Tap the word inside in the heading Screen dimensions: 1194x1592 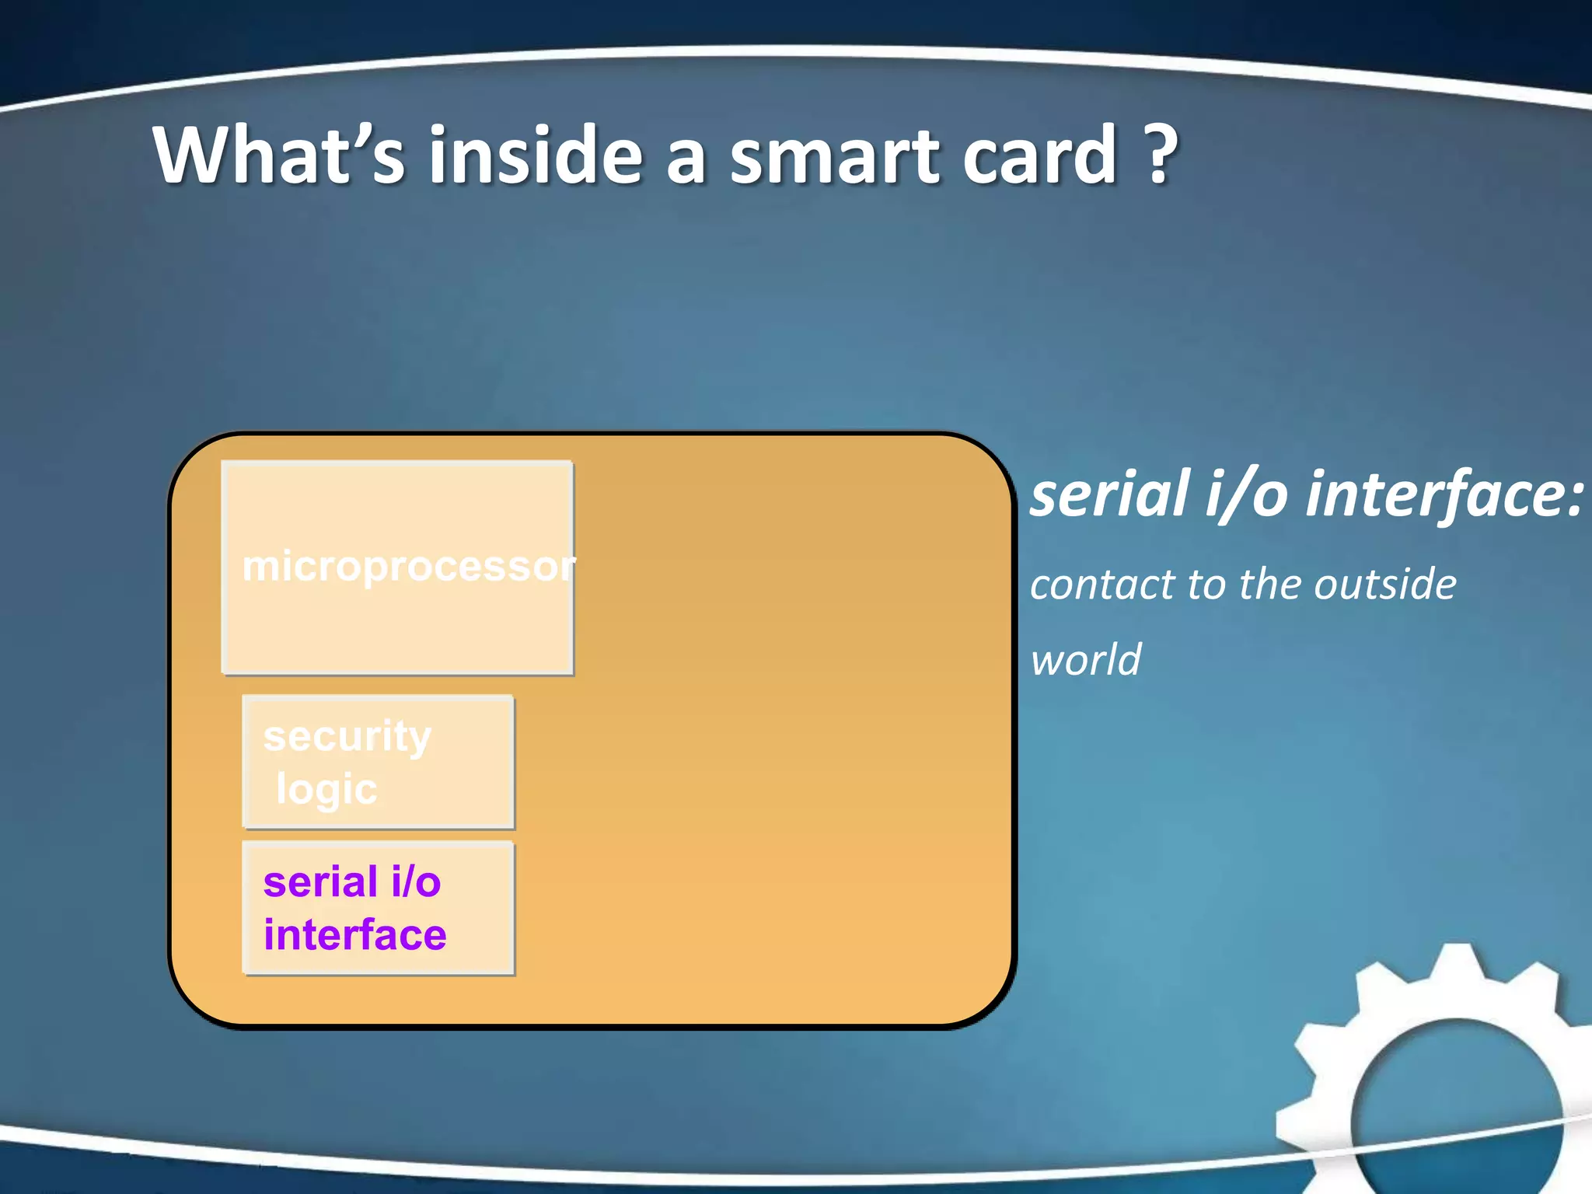pos(536,155)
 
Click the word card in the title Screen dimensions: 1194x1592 pos(1042,155)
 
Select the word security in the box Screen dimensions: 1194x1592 pos(347,735)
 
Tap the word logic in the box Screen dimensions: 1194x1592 pos(326,790)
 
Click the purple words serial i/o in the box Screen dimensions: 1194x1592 pos(352,882)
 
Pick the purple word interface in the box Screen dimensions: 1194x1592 pos(355,934)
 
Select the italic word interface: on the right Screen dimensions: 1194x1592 pos(1443,494)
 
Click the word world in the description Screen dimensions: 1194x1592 pos(1085,661)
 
